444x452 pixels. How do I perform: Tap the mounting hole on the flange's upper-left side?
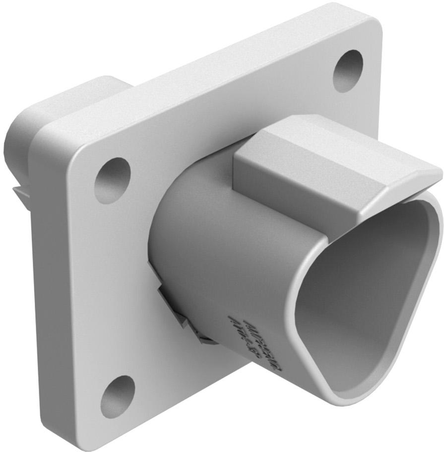[x=112, y=180]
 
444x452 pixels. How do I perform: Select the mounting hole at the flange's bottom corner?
[x=117, y=395]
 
